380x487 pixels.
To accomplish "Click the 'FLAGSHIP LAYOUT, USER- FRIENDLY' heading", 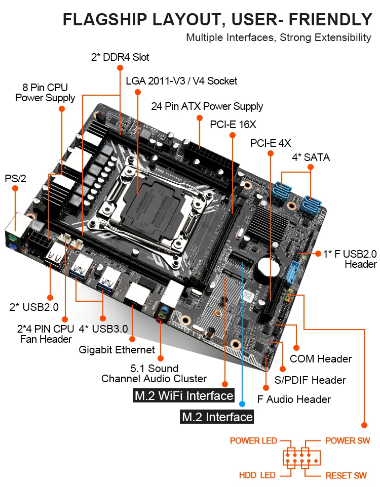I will [217, 20].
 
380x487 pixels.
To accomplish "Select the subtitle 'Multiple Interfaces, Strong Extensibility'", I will [279, 37].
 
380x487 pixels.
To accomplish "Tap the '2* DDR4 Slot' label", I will [120, 57].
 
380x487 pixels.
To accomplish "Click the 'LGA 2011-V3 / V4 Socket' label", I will [181, 81].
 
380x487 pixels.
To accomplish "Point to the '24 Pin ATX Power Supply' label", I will [207, 106].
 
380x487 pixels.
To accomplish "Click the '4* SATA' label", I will [311, 157].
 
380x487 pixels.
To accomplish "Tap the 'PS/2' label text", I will [15, 179].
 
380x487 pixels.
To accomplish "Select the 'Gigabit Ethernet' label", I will [117, 350].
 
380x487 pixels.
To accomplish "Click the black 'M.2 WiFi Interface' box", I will [184, 395].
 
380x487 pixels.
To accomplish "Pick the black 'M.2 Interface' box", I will [217, 417].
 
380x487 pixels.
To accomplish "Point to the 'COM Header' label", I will [320, 359].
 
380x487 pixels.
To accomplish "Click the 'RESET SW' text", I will [346, 475].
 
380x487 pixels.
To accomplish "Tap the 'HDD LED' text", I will [257, 475].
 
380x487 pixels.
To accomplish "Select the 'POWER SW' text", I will [348, 440].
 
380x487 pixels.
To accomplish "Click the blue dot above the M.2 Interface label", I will [242, 403].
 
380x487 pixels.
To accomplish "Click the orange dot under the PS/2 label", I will [15, 188].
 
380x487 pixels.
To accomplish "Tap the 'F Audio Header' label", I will [294, 399].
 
